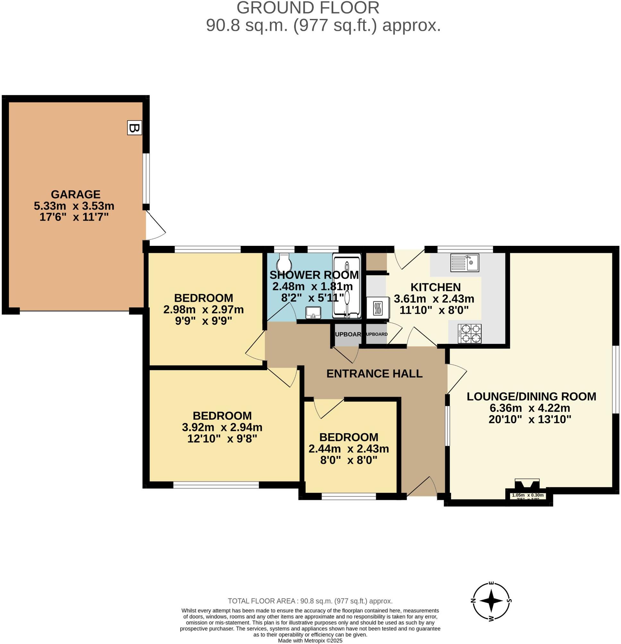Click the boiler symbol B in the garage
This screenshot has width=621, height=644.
pos(134,128)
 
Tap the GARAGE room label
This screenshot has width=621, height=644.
pos(75,194)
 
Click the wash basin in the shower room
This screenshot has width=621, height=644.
pos(313,313)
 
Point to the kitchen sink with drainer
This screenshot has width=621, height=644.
pos(464,263)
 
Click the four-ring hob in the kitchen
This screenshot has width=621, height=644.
pos(470,333)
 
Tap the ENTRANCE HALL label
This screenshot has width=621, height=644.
pos(374,373)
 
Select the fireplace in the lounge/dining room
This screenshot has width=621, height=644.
pos(527,485)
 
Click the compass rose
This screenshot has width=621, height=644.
pos(491,601)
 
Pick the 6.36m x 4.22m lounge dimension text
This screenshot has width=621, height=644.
pos(530,408)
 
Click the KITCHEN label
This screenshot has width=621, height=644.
pos(435,287)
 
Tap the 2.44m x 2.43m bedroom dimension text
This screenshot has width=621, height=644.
pos(348,448)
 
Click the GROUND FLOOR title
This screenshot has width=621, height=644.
pos(308,8)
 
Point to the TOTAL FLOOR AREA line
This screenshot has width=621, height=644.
pos(310,601)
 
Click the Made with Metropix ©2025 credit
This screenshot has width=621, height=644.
pos(310,641)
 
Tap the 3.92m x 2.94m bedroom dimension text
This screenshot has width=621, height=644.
pos(222,427)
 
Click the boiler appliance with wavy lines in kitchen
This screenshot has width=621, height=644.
pos(378,308)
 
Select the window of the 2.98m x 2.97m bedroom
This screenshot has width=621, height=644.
pos(208,249)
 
